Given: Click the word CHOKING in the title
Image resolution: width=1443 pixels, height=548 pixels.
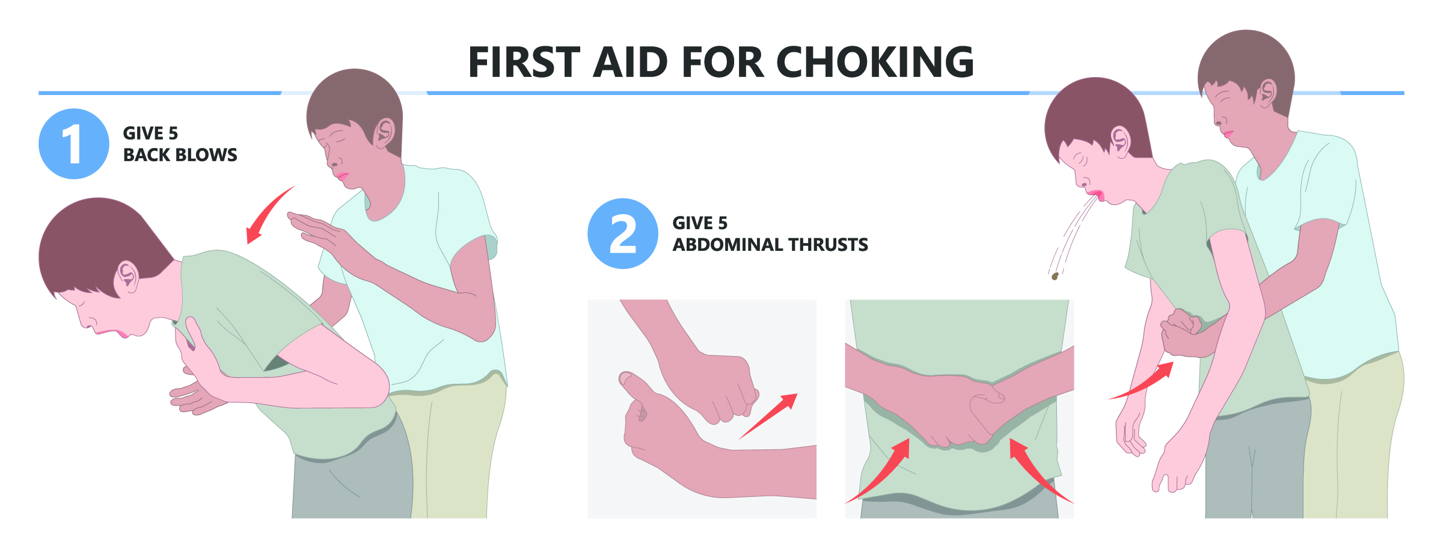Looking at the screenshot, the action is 875,62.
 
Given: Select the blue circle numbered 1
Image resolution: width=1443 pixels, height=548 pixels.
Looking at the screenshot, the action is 74,144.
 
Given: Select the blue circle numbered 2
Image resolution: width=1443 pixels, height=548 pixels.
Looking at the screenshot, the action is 623,233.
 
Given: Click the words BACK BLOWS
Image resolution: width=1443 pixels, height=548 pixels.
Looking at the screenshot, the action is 180,155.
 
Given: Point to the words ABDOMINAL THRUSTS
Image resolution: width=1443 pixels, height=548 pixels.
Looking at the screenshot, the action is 770,244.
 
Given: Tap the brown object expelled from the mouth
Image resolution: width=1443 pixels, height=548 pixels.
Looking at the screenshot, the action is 1055,276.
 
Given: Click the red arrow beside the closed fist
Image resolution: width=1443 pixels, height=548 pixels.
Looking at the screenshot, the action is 768,416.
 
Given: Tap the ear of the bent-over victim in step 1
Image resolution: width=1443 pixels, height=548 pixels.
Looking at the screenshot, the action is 126,277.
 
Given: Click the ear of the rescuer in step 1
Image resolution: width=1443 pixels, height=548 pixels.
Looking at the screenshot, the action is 384,133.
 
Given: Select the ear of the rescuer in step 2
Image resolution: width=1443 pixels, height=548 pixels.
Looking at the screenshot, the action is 1267,93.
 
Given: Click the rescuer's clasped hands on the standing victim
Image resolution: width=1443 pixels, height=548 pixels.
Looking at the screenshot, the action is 1181,332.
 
